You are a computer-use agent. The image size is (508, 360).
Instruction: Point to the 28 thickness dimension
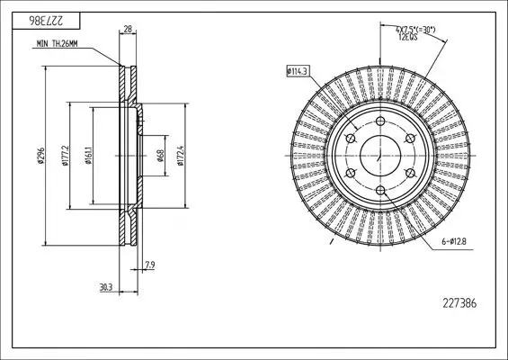point(128,30)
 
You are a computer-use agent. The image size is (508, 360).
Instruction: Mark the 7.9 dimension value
point(149,264)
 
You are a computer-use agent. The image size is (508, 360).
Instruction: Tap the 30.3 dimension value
point(107,287)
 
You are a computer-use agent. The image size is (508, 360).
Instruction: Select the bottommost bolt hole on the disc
point(379,190)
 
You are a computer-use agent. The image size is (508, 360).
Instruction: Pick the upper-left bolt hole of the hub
point(350,139)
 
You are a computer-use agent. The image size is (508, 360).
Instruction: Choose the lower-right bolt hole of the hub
point(409,173)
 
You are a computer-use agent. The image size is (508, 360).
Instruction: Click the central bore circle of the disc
point(379,156)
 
